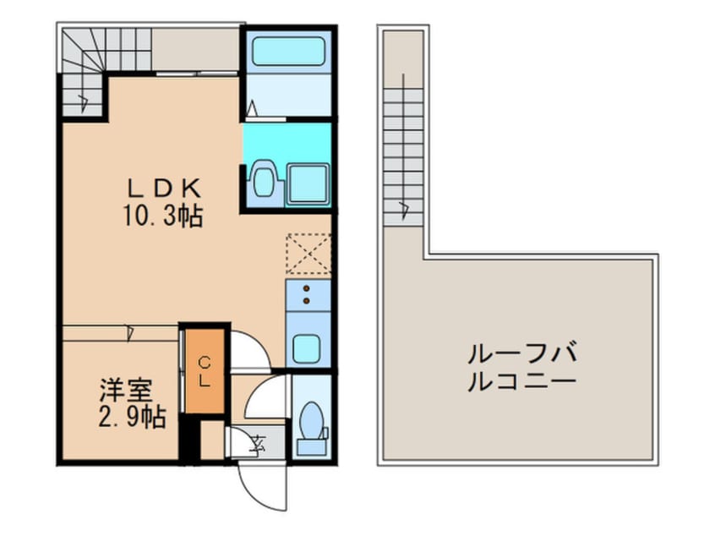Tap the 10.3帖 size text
point(163,216)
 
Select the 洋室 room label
point(125,390)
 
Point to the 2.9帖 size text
point(132,417)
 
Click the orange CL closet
point(205,371)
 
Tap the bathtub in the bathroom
point(289,52)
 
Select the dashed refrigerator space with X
point(308,254)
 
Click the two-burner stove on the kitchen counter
point(308,295)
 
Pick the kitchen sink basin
point(306,349)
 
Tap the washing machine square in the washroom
point(308,183)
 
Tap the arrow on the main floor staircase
point(83,102)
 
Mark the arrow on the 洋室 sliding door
point(130,333)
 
